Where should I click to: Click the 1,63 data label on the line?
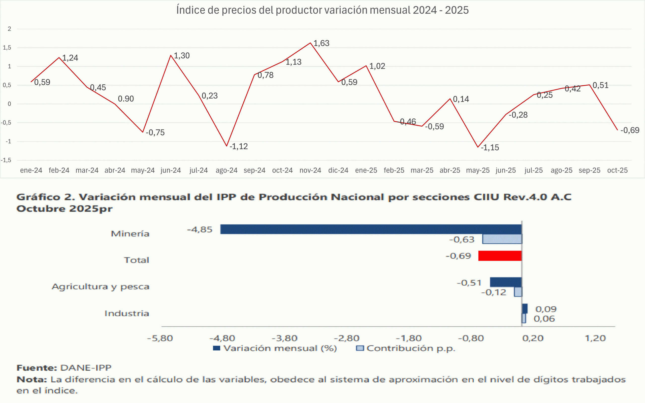(x=321, y=43)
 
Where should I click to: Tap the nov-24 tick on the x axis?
(x=310, y=170)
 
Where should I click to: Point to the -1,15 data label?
(x=490, y=147)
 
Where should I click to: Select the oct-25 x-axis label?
(x=617, y=170)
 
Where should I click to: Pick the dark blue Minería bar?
(x=370, y=229)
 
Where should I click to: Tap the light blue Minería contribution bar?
(x=502, y=239)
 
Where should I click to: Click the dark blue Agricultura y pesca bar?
(x=505, y=282)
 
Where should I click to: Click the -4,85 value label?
(x=200, y=229)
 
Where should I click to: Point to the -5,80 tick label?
(x=160, y=338)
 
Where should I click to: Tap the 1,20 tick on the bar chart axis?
(x=595, y=338)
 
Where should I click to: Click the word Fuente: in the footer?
(x=37, y=368)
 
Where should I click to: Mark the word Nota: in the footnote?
(x=31, y=379)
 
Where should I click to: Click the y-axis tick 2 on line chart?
(x=9, y=29)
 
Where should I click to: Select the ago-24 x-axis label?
(x=226, y=170)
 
